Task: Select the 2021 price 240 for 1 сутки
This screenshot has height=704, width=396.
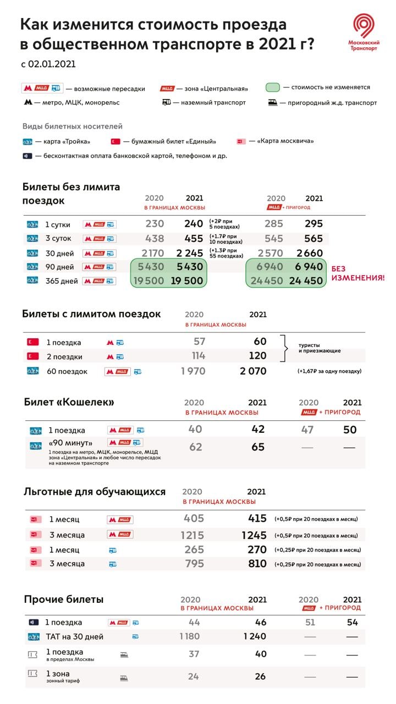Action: [194, 224]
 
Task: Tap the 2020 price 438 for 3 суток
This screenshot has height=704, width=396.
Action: [155, 239]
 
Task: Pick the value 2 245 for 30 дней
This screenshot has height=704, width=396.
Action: [190, 254]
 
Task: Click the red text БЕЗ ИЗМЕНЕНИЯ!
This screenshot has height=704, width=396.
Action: [357, 273]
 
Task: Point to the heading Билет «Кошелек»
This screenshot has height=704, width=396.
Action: [69, 402]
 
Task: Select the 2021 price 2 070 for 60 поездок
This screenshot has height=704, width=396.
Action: [253, 371]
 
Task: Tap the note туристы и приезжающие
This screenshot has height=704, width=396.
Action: [320, 348]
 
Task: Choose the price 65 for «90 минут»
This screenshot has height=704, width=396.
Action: [258, 447]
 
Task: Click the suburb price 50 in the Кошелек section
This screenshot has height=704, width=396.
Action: [350, 430]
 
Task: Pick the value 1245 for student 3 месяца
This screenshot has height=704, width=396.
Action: [254, 535]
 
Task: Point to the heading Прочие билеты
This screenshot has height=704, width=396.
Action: [64, 599]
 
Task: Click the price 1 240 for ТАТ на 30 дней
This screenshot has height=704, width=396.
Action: [255, 636]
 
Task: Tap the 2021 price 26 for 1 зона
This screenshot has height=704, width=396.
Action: [260, 676]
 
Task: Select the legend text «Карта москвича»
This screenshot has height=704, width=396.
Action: [285, 141]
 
